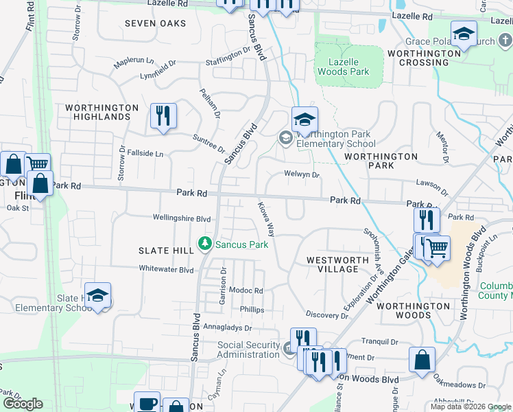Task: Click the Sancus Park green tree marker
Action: pyautogui.click(x=204, y=244)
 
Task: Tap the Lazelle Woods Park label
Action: pyautogui.click(x=349, y=67)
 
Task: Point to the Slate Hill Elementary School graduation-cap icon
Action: pyautogui.click(x=98, y=296)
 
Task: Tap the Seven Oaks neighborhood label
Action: pyautogui.click(x=156, y=23)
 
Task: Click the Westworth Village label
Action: pyautogui.click(x=333, y=264)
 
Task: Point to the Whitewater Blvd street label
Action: pyautogui.click(x=167, y=270)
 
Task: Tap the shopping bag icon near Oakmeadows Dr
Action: pyautogui.click(x=422, y=360)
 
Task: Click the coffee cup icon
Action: pyautogui.click(x=146, y=403)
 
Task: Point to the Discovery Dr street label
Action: pyautogui.click(x=327, y=315)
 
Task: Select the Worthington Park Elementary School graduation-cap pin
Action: pyautogui.click(x=305, y=119)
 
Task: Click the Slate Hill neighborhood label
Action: pyautogui.click(x=165, y=251)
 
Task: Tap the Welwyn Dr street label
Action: pyautogui.click(x=302, y=175)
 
